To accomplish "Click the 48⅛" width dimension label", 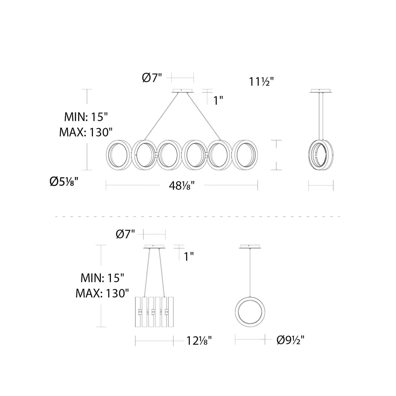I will point(181,186).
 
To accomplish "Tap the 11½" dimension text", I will point(261,82).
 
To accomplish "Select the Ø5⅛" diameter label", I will point(66,182).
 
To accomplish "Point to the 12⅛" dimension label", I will point(199,341).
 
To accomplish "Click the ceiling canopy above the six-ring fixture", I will point(183,91).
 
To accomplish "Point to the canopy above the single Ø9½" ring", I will point(250,247).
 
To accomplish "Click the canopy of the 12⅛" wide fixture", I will point(154,247).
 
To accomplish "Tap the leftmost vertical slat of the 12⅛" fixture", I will point(138,312).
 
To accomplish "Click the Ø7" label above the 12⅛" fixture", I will point(126,235).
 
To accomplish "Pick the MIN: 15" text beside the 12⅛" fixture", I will point(102,278).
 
